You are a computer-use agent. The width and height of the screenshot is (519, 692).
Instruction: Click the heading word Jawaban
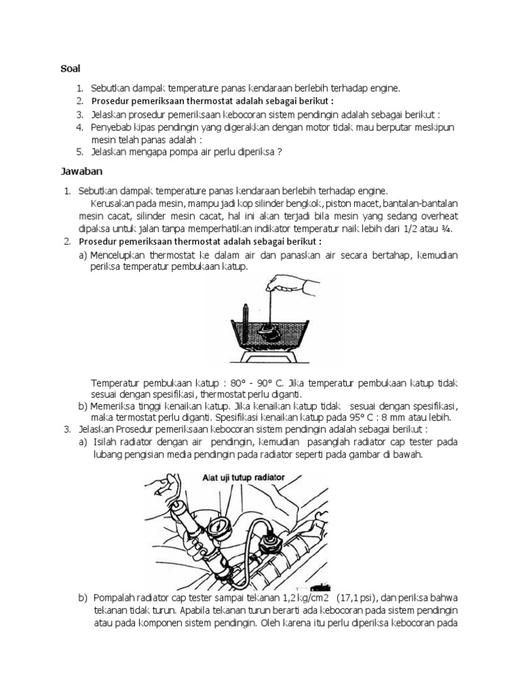point(76,173)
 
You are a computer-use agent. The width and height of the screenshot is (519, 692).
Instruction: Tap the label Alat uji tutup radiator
point(243,477)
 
